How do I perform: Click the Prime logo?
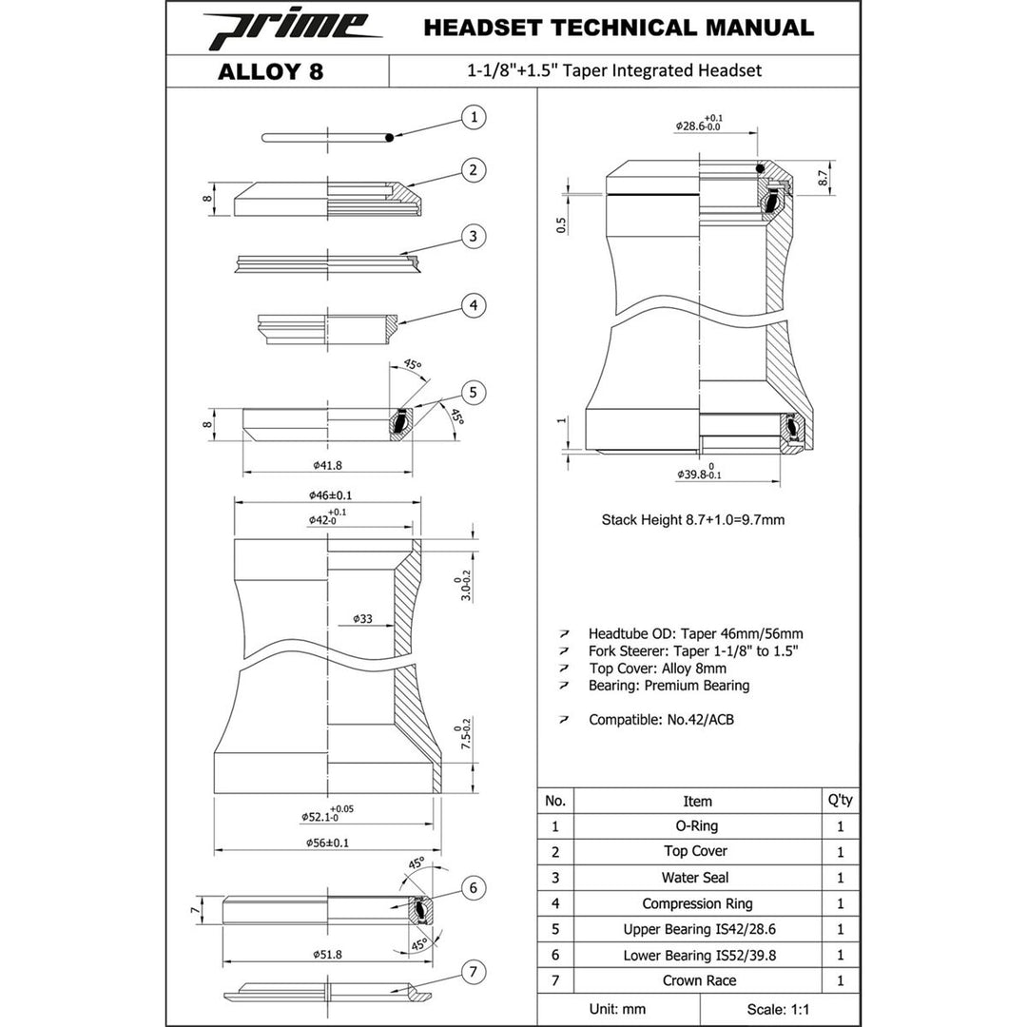point(292,29)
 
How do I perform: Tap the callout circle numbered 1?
point(474,117)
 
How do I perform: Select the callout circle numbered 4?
point(474,305)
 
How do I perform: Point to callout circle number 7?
point(474,972)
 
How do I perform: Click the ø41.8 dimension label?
point(327,466)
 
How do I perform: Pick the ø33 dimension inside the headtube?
point(362,618)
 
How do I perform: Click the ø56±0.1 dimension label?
point(327,843)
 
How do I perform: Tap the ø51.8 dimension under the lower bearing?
point(327,955)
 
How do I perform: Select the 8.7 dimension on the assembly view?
point(824,177)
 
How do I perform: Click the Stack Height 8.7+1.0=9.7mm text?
point(693,520)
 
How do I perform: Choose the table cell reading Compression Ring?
point(698,904)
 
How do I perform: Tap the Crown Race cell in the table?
point(698,980)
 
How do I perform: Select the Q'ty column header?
point(841,801)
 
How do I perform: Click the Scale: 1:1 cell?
point(779,1009)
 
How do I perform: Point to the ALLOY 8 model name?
point(270,71)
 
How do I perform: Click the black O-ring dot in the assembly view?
point(760,169)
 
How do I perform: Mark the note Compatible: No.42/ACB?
point(661,720)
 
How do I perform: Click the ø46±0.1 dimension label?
point(330,495)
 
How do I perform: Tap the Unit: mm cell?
point(618,1009)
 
